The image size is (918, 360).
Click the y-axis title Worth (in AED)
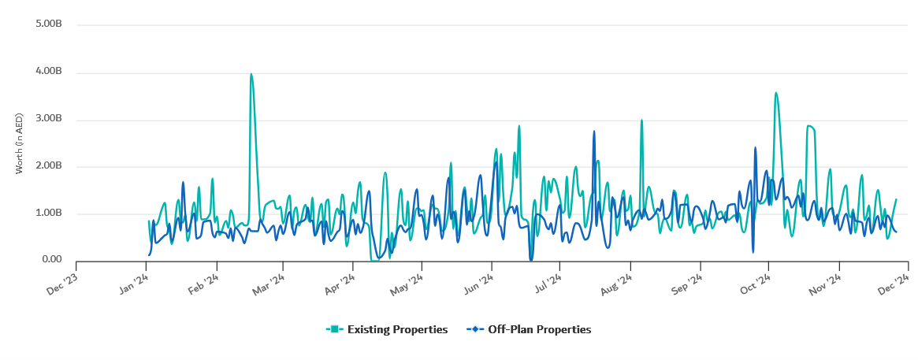20,143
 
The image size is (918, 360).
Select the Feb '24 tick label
202,284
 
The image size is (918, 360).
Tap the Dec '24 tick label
895,284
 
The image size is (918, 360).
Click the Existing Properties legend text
397,330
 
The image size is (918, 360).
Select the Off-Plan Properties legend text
539,330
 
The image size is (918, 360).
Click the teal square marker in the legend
334,329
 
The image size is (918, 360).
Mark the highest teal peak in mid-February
251,75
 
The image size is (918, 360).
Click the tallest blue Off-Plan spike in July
594,132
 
